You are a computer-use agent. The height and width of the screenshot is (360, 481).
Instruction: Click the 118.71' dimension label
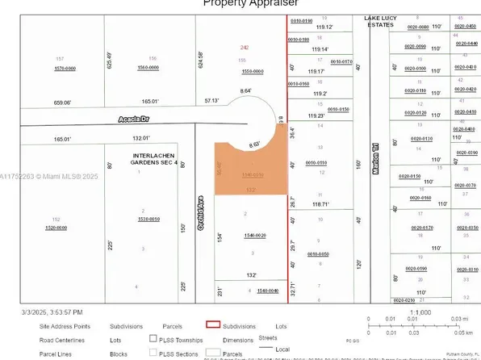[321, 204]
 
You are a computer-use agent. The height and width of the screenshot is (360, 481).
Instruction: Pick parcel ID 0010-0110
[317, 162]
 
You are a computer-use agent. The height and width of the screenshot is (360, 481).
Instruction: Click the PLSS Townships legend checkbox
[153, 340]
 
